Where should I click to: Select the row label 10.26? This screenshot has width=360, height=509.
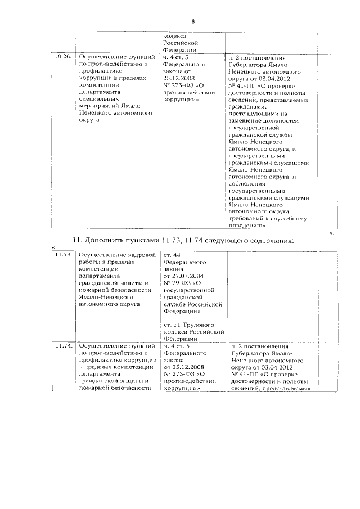tap(63, 57)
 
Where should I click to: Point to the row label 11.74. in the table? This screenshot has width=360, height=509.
tap(64, 346)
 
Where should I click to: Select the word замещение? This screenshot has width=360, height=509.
tap(249, 120)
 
